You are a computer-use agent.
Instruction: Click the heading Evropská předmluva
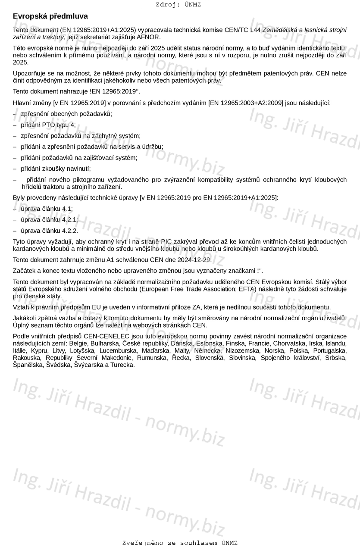tap(50, 16)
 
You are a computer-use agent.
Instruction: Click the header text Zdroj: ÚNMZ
tap(178, 5)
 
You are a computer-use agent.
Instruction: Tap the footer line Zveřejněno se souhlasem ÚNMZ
tap(180, 543)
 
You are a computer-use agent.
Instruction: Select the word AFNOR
tap(148, 37)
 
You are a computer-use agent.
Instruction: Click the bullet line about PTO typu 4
tap(48, 125)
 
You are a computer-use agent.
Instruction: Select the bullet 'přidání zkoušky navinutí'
tap(56, 169)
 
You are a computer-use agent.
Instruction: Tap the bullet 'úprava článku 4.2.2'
tap(50, 231)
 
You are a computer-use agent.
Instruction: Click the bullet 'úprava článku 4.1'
tap(47, 209)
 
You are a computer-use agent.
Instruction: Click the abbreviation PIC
tap(166, 241)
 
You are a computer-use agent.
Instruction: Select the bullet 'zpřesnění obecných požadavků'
tap(66, 114)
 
